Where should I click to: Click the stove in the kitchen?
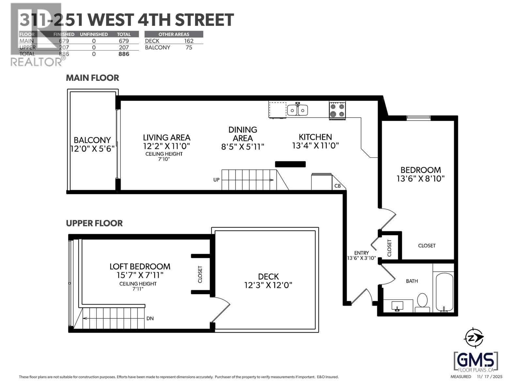337,110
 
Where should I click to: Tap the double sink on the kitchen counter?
298,110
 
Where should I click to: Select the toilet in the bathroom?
422,302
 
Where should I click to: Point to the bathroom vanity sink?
397,306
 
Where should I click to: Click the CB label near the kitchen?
338,186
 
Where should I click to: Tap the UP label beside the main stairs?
216,180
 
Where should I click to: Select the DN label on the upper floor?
150,318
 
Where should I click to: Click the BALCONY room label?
92,140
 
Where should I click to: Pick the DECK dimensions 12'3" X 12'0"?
268,285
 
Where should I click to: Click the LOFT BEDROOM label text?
140,267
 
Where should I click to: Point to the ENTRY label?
361,253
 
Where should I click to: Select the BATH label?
412,281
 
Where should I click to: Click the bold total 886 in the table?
124,54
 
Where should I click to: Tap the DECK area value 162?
189,41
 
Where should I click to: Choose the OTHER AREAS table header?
174,34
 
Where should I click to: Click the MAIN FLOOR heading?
92,78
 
